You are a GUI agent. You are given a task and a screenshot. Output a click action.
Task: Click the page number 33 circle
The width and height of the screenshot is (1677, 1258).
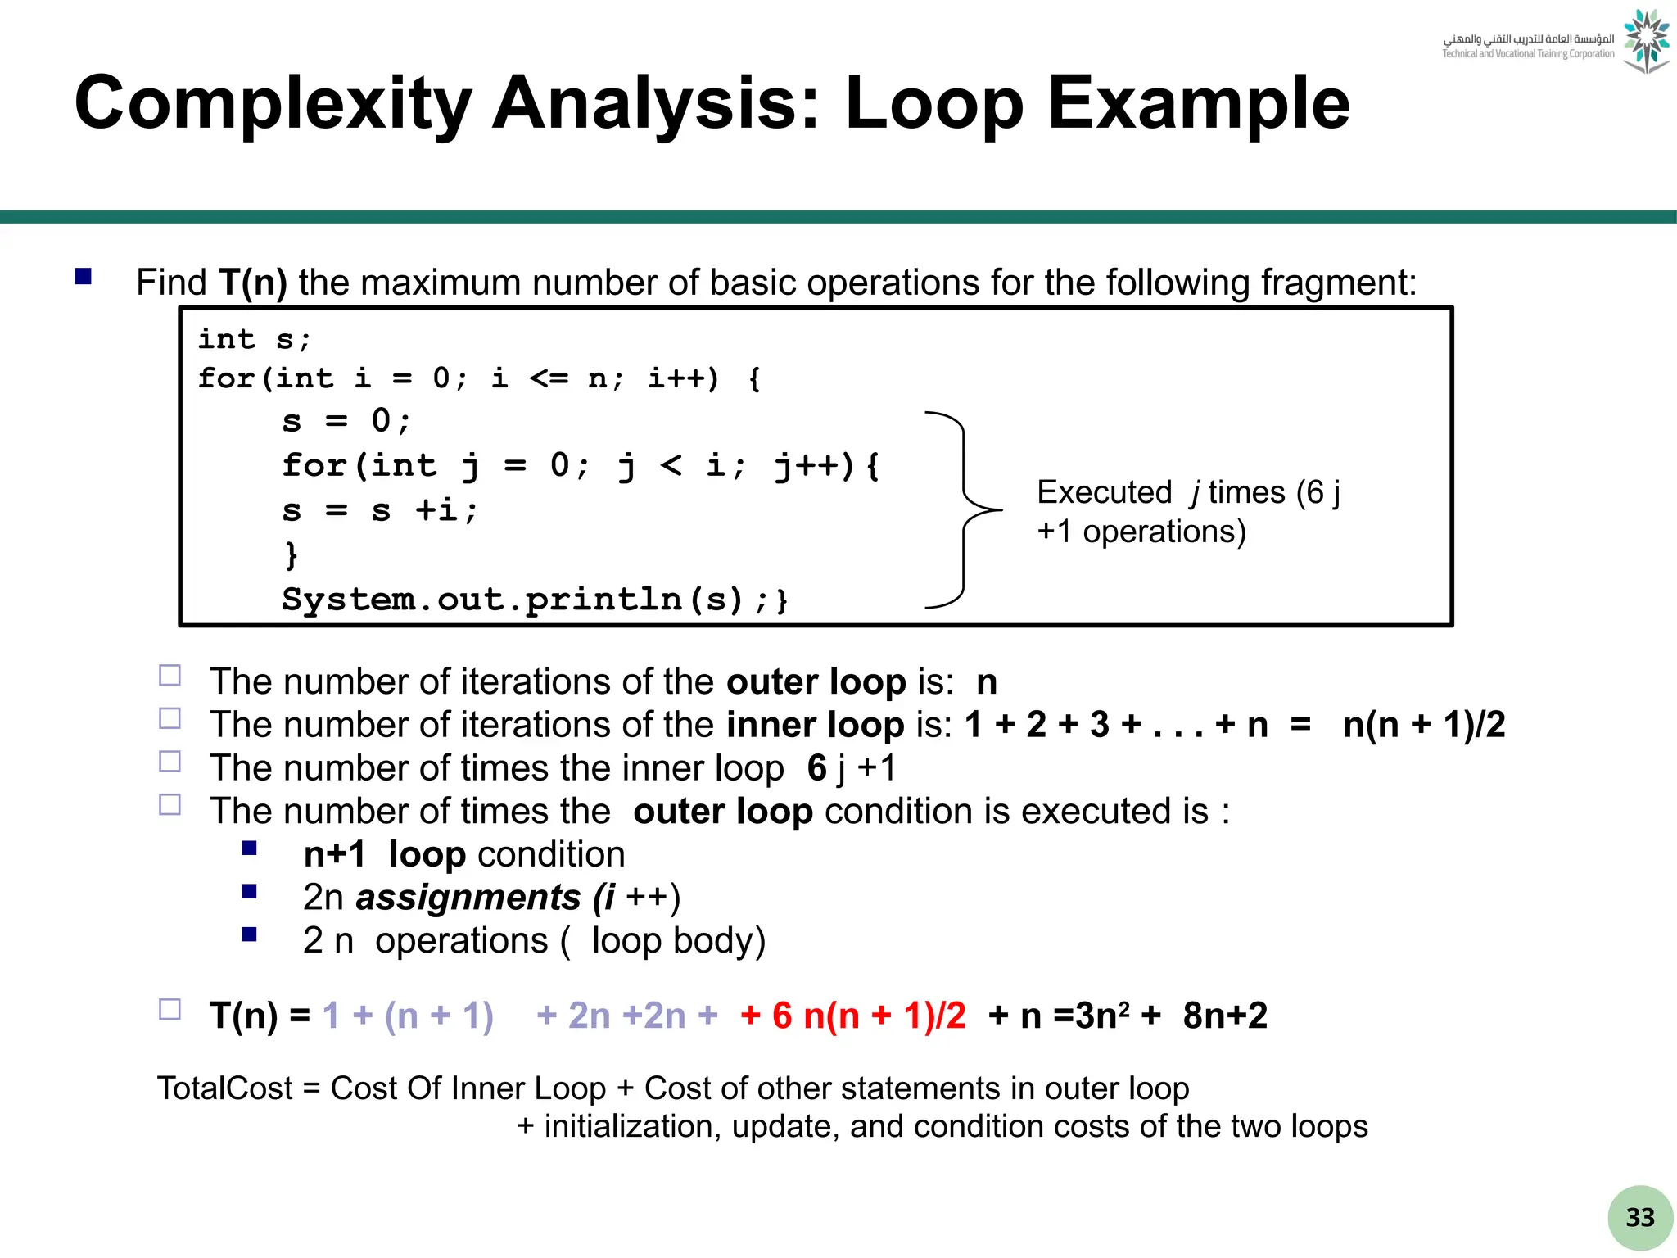(1639, 1218)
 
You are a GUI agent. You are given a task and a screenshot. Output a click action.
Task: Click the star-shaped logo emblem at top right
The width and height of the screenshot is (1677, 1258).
(1646, 41)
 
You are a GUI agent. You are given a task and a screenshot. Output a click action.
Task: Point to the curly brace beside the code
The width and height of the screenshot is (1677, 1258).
(965, 510)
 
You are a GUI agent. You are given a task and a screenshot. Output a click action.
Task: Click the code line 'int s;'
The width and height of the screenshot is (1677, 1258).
(254, 339)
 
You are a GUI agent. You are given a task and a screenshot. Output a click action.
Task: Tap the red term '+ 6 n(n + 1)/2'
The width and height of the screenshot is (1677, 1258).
(853, 1016)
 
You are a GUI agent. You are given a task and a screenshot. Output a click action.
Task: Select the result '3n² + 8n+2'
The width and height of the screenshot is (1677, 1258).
(1171, 1016)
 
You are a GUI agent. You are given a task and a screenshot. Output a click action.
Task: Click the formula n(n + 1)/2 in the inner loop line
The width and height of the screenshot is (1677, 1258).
(1423, 725)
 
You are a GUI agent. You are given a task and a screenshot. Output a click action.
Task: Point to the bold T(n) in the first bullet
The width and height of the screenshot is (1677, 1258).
(253, 283)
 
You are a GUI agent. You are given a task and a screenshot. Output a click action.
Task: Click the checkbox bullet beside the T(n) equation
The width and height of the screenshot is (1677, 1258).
(170, 1009)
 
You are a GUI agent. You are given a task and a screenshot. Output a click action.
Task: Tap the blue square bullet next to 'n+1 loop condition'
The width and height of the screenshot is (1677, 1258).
(250, 848)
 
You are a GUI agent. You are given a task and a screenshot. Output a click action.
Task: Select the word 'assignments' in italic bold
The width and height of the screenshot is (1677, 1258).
(468, 898)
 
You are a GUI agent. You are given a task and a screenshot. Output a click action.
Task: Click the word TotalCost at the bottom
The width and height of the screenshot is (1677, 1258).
(224, 1088)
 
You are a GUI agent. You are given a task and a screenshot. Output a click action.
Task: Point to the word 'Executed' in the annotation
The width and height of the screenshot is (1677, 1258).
(1104, 492)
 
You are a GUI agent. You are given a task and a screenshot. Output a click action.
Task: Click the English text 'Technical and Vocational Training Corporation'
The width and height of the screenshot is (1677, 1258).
(1528, 54)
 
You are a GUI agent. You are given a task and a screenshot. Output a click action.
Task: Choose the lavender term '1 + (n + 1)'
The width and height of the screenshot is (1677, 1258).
(408, 1016)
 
